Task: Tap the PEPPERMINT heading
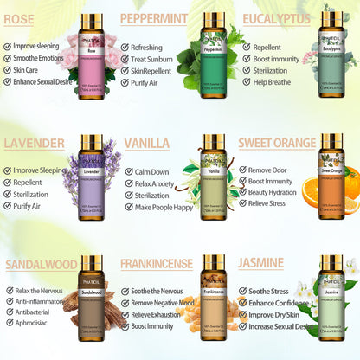pos(154,19)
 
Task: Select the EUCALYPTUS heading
pos(276,19)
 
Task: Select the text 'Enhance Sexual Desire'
pos(47,81)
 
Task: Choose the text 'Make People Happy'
pos(170,208)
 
